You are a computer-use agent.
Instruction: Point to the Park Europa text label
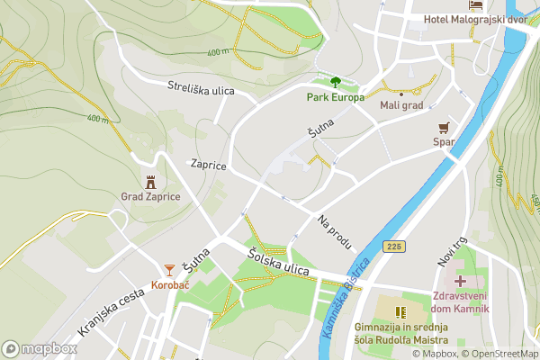pos(335,97)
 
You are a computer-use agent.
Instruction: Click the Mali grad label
pos(400,105)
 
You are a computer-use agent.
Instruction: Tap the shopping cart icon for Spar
pos(443,128)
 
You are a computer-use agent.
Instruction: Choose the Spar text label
pos(443,141)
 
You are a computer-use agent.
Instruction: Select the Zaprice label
pos(207,166)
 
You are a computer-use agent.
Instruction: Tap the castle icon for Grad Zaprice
pos(150,182)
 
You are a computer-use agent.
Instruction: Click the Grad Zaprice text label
pos(150,196)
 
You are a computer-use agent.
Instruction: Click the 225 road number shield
pos(393,246)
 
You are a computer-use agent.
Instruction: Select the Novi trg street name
pos(448,251)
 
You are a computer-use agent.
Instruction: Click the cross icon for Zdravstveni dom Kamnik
pos(460,281)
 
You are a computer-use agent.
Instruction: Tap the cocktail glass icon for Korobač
pos(169,270)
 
